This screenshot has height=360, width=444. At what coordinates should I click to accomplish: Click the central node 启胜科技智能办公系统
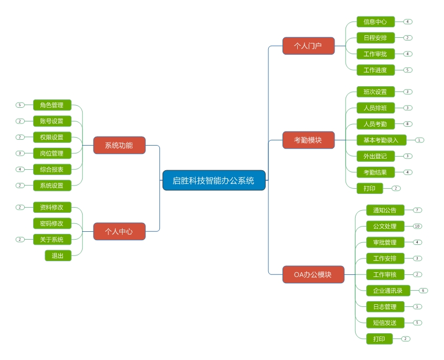tap(214, 180)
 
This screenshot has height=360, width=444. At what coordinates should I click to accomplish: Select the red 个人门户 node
tap(308, 46)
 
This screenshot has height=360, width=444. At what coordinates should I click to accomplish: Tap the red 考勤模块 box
tap(308, 140)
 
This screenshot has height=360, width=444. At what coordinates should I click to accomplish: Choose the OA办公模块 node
tap(313, 274)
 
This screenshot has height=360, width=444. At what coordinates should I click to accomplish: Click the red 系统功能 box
tap(119, 145)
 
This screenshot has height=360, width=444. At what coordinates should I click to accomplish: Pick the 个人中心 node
tap(119, 231)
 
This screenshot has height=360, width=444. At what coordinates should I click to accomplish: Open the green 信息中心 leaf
tap(375, 22)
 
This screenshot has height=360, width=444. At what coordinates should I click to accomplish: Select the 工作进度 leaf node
tap(375, 70)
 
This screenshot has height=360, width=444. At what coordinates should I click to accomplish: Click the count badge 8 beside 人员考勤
tap(408, 124)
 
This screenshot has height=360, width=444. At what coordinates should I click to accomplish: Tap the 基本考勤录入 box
tap(381, 140)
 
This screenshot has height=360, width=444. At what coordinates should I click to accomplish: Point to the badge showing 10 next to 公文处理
tap(417, 227)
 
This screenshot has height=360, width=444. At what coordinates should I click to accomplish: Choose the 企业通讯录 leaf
tap(388, 291)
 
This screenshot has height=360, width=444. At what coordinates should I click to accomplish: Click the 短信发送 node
tap(385, 323)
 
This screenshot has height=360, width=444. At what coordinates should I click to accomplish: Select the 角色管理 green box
tap(52, 105)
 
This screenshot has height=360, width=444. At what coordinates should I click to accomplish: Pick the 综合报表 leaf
tap(52, 169)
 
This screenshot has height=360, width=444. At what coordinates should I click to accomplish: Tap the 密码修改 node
tap(52, 223)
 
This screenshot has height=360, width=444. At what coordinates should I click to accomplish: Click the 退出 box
tap(58, 256)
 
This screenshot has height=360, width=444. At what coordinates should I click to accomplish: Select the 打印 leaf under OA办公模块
tap(379, 339)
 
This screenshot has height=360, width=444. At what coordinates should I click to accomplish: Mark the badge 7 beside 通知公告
tap(417, 210)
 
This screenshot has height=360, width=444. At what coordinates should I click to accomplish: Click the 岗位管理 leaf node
tap(52, 153)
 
